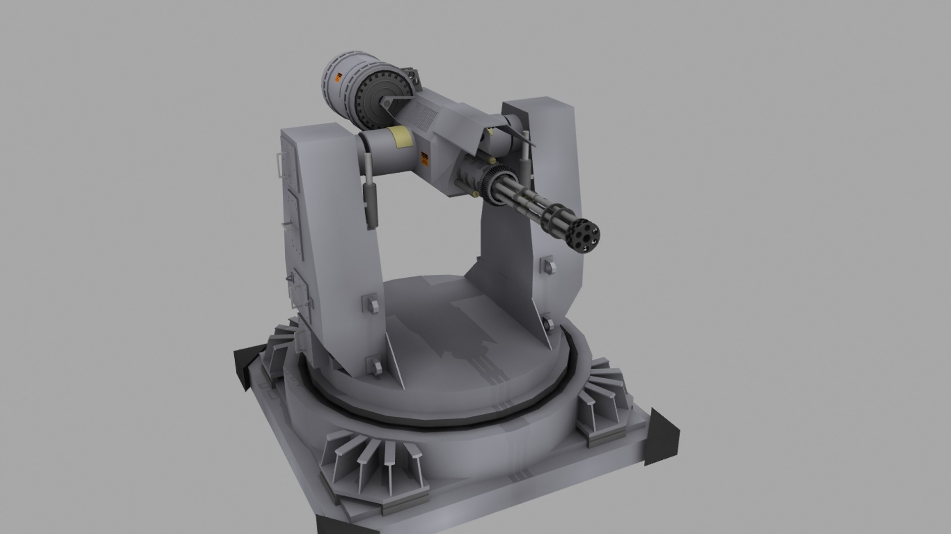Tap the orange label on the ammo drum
[339, 78]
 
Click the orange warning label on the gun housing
[424, 158]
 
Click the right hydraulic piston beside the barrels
[524, 158]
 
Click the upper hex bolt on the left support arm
[370, 302]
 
